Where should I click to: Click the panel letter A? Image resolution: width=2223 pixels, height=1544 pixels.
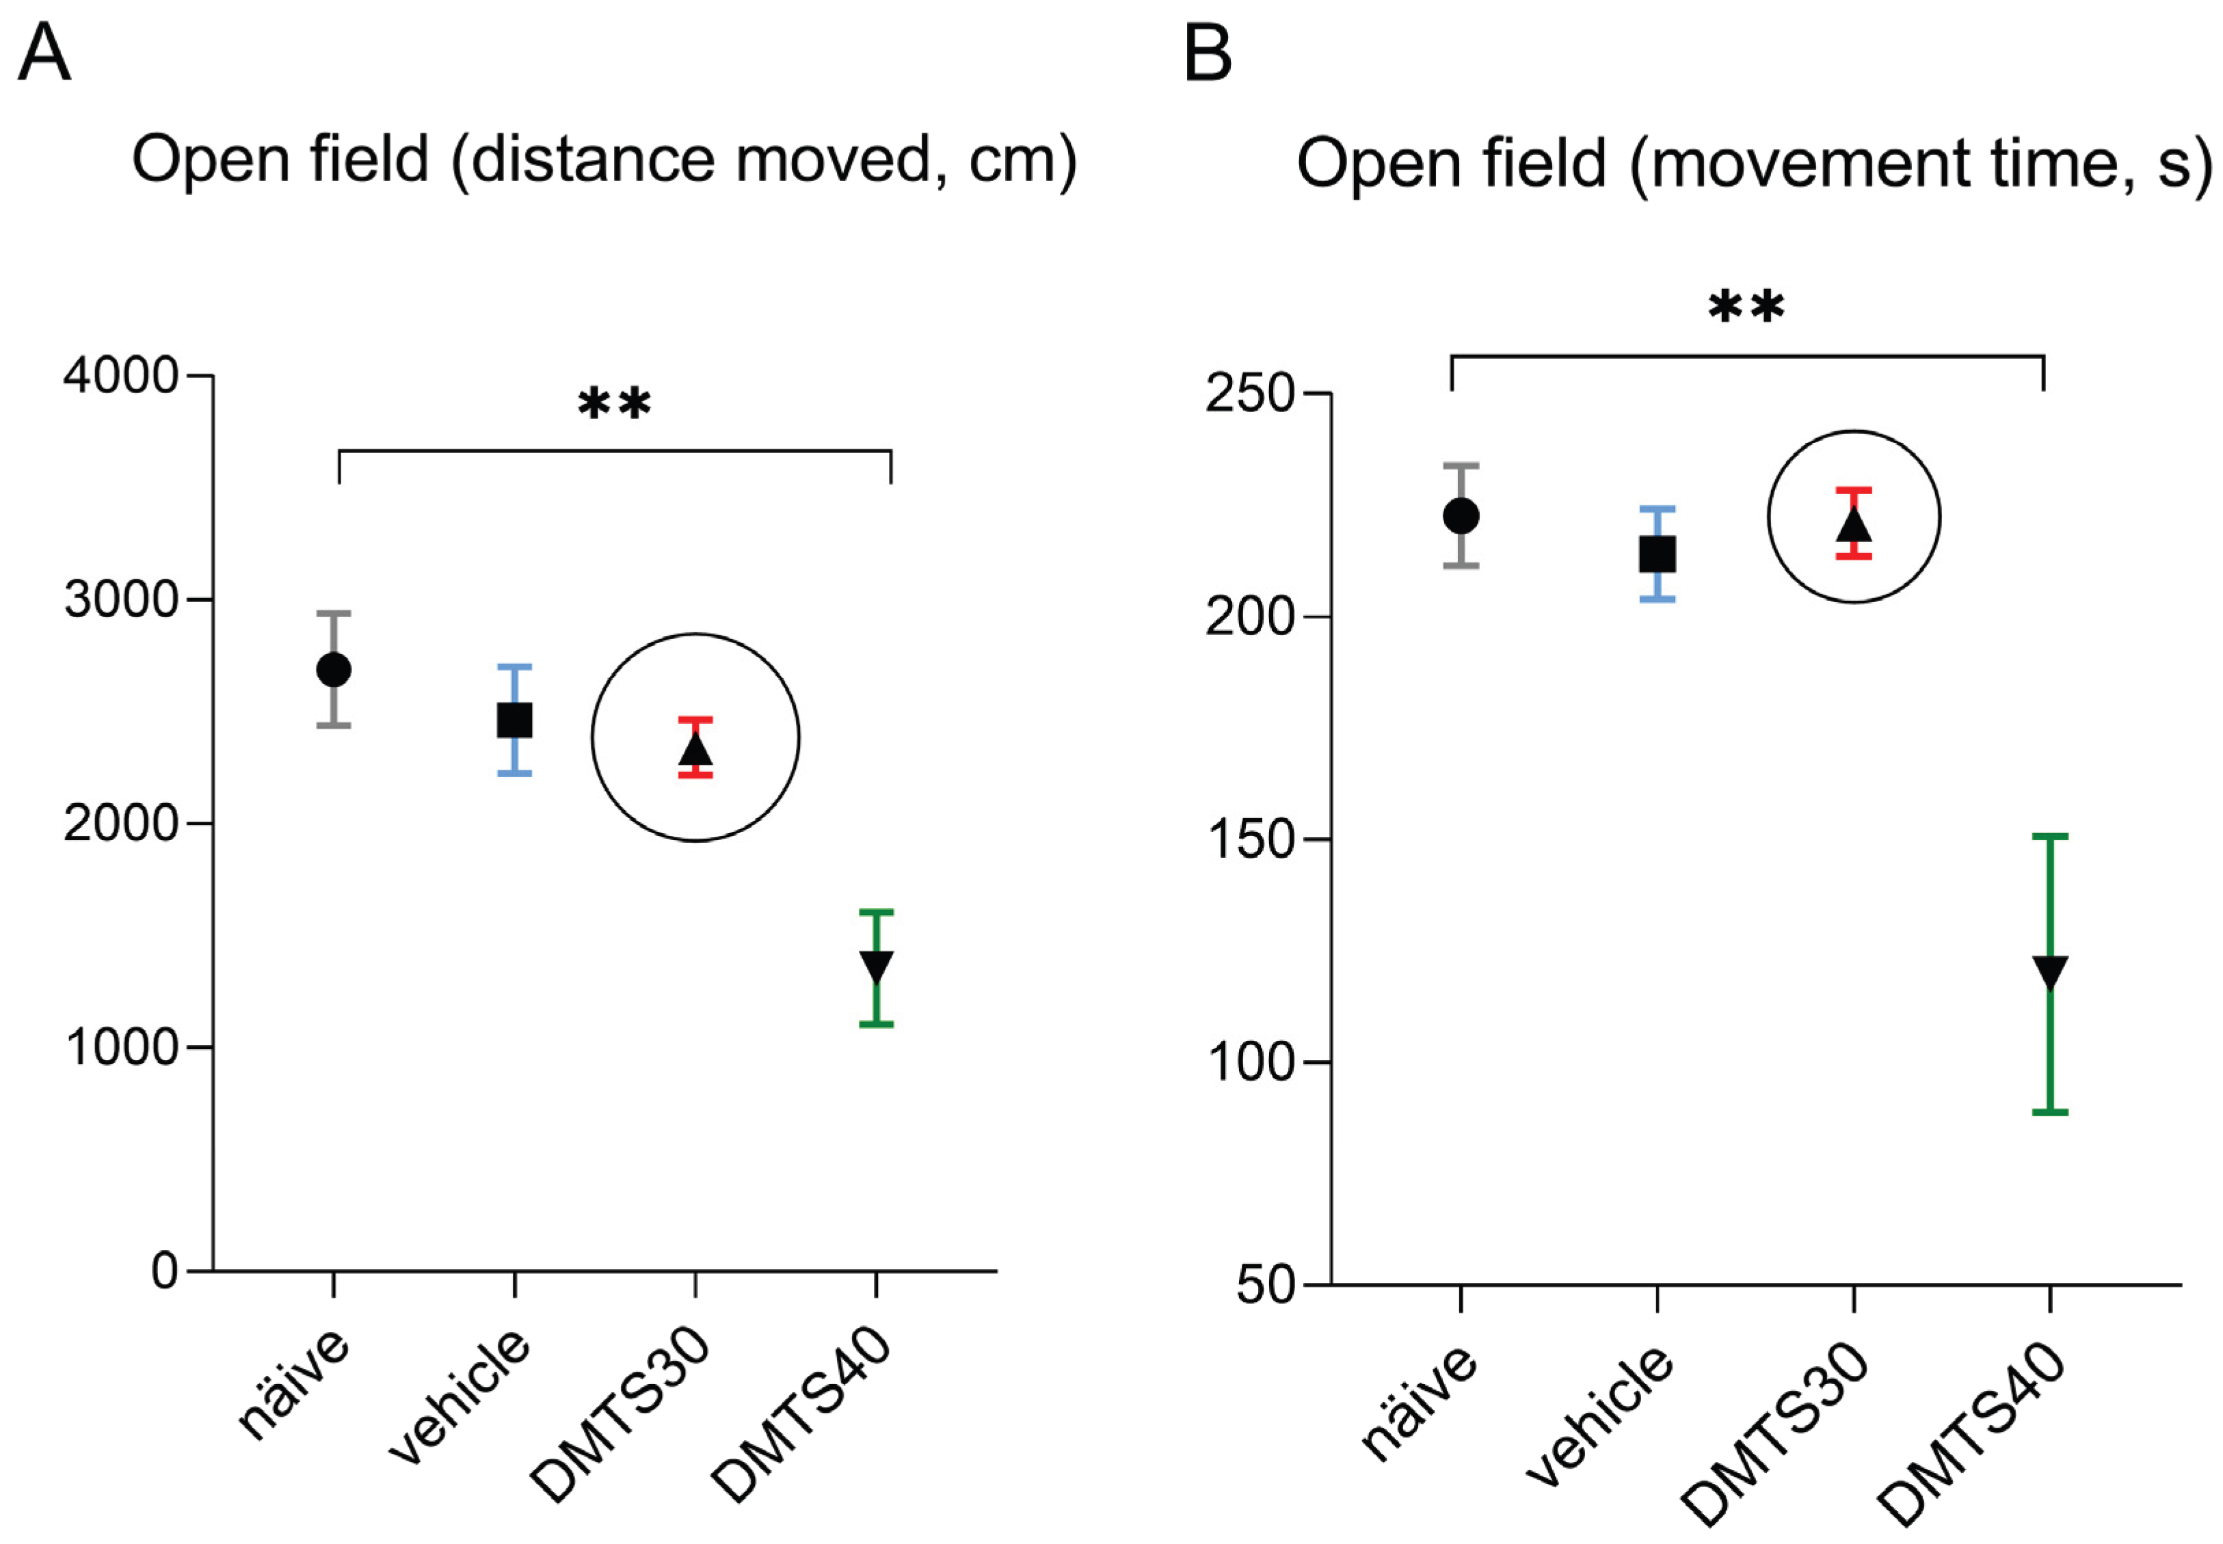(x=44, y=53)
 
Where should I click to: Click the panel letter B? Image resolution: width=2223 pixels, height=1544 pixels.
(x=1208, y=53)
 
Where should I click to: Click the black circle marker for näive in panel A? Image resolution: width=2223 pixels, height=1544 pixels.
(x=334, y=669)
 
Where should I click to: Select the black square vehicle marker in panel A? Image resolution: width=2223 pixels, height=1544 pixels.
(x=514, y=720)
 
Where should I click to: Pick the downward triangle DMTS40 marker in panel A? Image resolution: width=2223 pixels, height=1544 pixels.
(x=877, y=966)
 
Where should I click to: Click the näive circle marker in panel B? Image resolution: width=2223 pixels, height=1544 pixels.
(x=1461, y=517)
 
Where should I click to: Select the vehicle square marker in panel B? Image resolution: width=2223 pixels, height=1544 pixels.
(x=1657, y=555)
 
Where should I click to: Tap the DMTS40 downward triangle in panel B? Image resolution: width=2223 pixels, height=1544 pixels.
(x=2050, y=971)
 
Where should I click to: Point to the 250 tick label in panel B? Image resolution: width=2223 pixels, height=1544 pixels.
(x=1249, y=394)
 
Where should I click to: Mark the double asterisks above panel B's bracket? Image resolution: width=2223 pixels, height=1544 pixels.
(x=1746, y=308)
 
